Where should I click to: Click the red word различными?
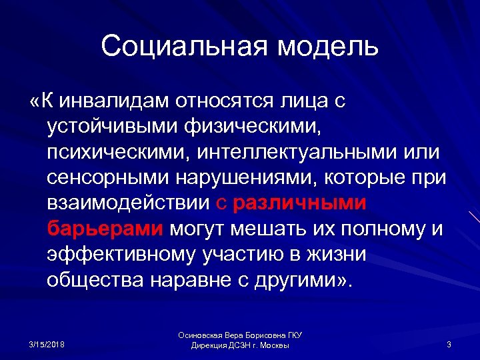tap(299, 203)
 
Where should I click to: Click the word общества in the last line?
tap(97, 281)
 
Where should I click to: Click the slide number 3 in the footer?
tap(449, 344)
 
